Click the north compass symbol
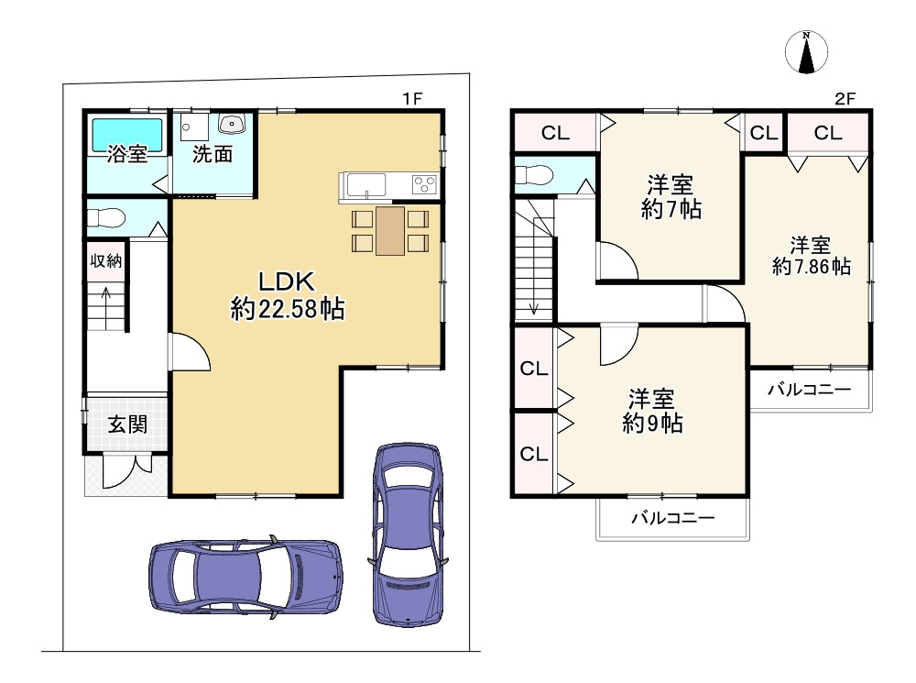click(x=806, y=52)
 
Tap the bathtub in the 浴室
click(x=126, y=136)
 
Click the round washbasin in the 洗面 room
click(x=232, y=124)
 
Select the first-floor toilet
click(x=106, y=219)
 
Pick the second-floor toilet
click(x=533, y=174)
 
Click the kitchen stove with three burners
click(x=425, y=185)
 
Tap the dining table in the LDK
click(x=390, y=231)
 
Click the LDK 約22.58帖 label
click(x=288, y=295)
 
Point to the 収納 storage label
click(x=105, y=260)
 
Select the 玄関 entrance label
click(x=127, y=424)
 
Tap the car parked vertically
click(x=408, y=534)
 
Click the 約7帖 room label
click(x=671, y=197)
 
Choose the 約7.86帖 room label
click(x=812, y=255)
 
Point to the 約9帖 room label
click(x=652, y=411)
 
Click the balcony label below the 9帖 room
click(x=673, y=517)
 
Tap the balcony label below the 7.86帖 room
click(x=809, y=389)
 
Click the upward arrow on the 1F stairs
click(x=105, y=308)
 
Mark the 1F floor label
click(x=412, y=99)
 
